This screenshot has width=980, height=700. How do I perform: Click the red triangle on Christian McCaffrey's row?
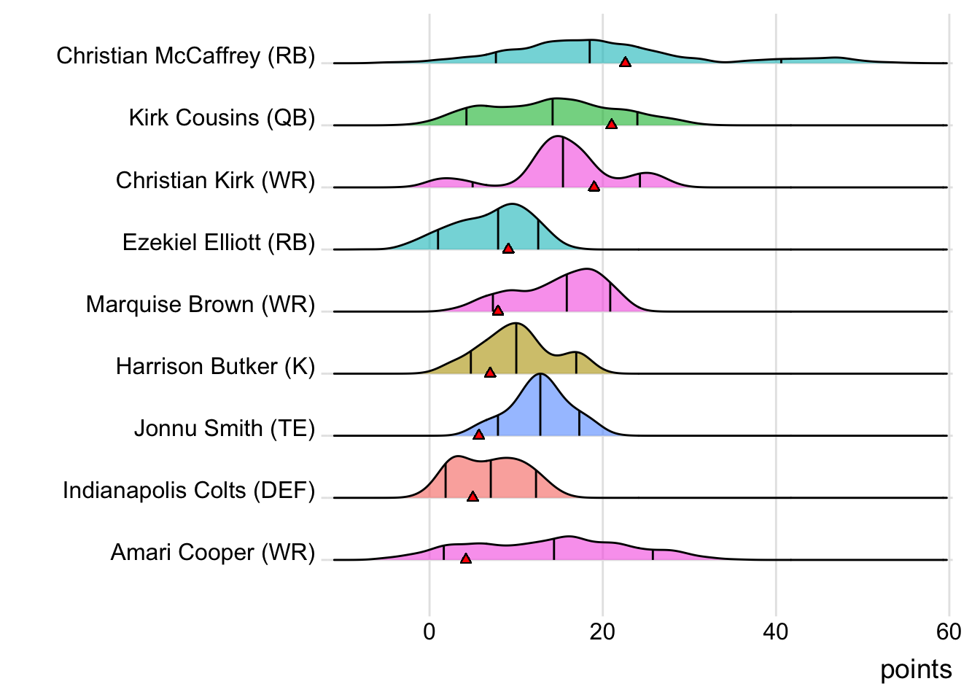click(x=625, y=63)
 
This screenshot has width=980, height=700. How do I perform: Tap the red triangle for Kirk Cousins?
click(x=612, y=125)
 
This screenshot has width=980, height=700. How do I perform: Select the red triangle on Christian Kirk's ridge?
click(x=594, y=187)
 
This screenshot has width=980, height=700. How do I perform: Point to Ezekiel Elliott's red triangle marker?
click(x=508, y=249)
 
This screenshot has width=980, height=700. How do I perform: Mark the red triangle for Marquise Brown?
click(x=497, y=311)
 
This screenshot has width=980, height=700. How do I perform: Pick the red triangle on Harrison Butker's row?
click(x=490, y=373)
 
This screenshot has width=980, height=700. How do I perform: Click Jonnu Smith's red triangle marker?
click(x=478, y=435)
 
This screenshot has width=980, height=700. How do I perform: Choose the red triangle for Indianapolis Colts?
click(x=472, y=497)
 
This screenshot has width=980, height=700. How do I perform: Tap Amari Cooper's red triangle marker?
click(x=466, y=559)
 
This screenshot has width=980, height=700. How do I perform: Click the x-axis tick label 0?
click(x=429, y=631)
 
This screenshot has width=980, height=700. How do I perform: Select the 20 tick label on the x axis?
click(x=602, y=631)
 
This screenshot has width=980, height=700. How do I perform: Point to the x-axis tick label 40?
click(x=776, y=631)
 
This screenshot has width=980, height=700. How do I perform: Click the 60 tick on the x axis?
click(x=949, y=631)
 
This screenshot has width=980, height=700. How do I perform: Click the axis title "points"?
click(x=916, y=669)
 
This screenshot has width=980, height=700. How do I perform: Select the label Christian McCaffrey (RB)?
click(x=186, y=56)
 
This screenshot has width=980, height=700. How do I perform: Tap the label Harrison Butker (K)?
click(x=215, y=366)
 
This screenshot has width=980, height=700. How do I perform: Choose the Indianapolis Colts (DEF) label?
click(x=189, y=490)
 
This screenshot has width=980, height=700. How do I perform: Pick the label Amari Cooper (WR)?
click(x=213, y=553)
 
